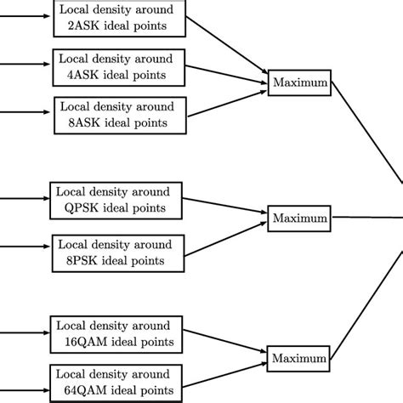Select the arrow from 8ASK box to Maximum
point(223,100)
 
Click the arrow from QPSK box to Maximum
point(223,207)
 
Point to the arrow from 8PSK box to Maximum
point(223,235)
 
